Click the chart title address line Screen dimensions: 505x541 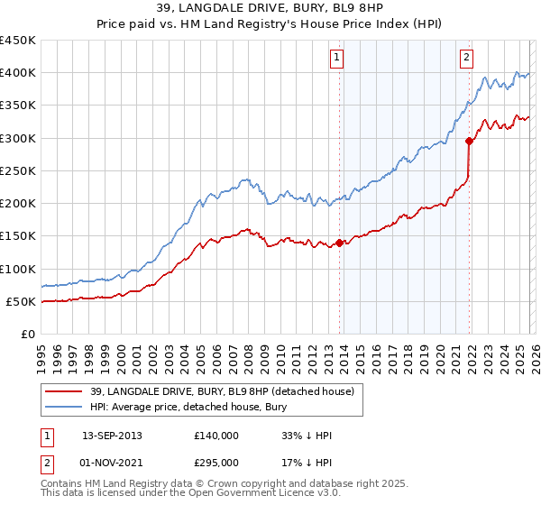coord(270,9)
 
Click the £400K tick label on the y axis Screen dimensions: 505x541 coord(17,73)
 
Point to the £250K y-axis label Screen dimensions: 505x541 coord(17,170)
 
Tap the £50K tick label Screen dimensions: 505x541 coord(21,301)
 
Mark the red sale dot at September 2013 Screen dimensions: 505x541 coord(339,243)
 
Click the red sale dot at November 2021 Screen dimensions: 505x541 coord(469,141)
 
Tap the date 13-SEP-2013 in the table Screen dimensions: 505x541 coord(112,436)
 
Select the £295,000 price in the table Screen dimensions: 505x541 coord(216,462)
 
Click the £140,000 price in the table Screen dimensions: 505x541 coord(216,436)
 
